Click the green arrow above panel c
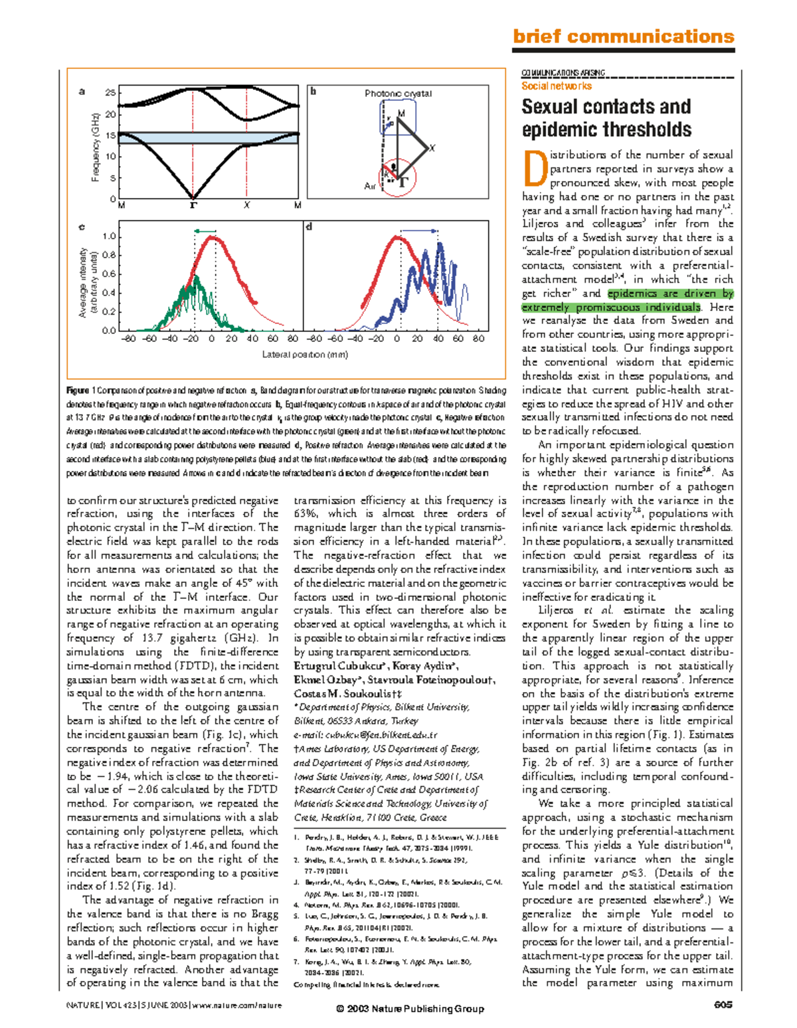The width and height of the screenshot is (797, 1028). [x=205, y=230]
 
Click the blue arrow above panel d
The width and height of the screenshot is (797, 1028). [x=418, y=230]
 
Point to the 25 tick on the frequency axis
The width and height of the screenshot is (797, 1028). [x=110, y=92]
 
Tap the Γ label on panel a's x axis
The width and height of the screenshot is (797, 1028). [x=193, y=205]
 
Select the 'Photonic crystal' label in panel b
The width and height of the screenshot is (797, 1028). [x=398, y=94]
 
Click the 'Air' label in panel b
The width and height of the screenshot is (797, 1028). [x=370, y=187]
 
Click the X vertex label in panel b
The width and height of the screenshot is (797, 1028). [x=432, y=148]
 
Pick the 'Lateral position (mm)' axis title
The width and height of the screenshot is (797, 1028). [x=305, y=355]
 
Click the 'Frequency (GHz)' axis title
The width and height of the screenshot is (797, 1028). [x=96, y=147]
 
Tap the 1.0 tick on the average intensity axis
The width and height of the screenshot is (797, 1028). [x=109, y=236]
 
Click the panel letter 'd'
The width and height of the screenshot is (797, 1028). [x=309, y=227]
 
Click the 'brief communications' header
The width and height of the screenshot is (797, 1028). [x=623, y=37]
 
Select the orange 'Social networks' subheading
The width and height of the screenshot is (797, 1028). [x=556, y=86]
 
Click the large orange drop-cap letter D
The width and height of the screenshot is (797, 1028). [x=534, y=169]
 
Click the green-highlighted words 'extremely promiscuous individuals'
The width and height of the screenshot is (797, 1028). [x=610, y=307]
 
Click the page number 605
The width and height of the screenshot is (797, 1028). [x=723, y=1005]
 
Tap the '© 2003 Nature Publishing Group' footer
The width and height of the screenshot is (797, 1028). [x=410, y=1009]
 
